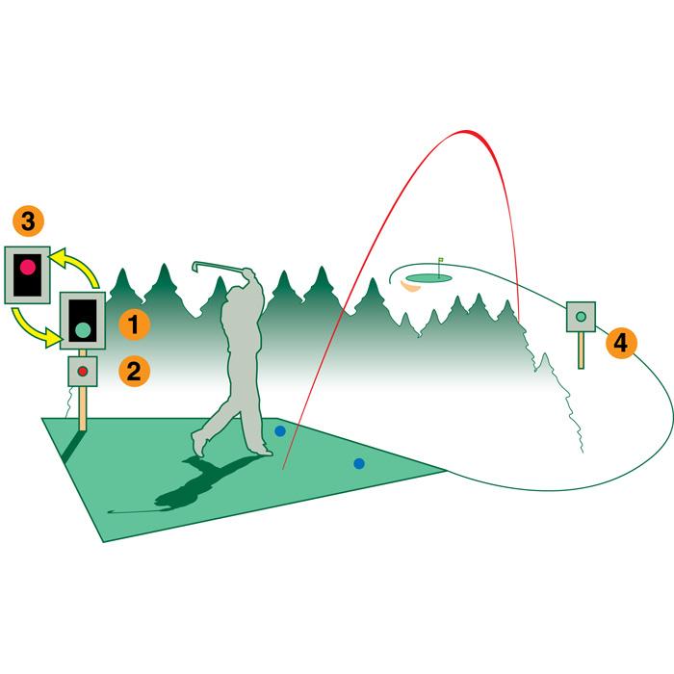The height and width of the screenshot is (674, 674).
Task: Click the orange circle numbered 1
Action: click(134, 324)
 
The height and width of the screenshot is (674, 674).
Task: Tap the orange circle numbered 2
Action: click(134, 371)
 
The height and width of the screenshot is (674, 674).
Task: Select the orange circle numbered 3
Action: click(28, 220)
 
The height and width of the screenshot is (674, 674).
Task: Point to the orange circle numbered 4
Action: click(621, 343)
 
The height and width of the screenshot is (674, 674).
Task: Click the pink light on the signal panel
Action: click(28, 267)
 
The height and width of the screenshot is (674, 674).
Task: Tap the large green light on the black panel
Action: click(83, 329)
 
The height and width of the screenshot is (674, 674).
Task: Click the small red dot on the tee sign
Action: click(83, 372)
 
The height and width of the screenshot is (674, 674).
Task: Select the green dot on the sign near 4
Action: click(581, 317)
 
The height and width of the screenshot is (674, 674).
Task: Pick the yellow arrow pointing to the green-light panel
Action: click(30, 329)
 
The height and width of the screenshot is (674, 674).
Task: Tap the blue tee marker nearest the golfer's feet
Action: click(280, 430)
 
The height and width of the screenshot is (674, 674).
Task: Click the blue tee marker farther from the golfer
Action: click(359, 463)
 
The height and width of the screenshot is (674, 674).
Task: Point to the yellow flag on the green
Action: click(441, 260)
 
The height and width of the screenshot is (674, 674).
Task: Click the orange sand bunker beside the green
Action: click(409, 287)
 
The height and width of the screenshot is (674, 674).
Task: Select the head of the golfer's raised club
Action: click(195, 267)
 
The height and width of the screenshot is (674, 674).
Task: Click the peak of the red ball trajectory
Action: click(466, 131)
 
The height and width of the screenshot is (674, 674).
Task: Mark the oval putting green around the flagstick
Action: click(428, 278)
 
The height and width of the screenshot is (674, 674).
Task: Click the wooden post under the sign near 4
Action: click(581, 350)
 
